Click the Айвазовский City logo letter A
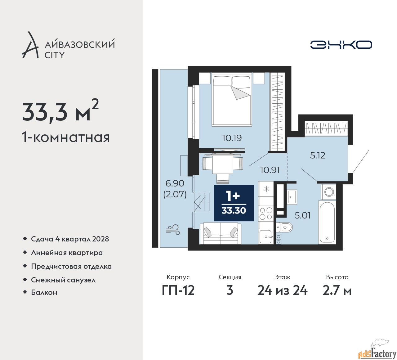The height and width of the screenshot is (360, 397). tap(30, 45)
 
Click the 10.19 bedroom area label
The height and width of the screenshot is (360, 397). tap(232, 138)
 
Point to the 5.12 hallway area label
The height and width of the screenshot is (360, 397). tap(317, 155)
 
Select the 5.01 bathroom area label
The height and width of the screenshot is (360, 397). tap(302, 215)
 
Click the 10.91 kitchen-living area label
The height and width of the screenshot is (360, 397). tap(270, 170)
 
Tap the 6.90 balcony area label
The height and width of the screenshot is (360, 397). tap(175, 183)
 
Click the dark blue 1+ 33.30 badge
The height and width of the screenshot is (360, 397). tap(234, 203)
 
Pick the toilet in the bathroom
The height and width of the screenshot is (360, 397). tap(284, 227)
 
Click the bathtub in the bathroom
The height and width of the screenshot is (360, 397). tap(327, 222)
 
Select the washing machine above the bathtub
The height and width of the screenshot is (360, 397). tap(328, 192)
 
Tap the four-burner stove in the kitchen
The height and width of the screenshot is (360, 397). tap(266, 214)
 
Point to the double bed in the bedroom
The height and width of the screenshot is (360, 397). tap(232, 99)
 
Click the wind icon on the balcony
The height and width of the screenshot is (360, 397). tap(173, 230)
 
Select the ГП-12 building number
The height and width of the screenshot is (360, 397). tap(178, 291)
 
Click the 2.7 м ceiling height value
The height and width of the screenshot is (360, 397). tap(337, 291)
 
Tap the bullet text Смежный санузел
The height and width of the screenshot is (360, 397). tap(63, 280)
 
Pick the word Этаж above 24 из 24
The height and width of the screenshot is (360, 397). tap(282, 277)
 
